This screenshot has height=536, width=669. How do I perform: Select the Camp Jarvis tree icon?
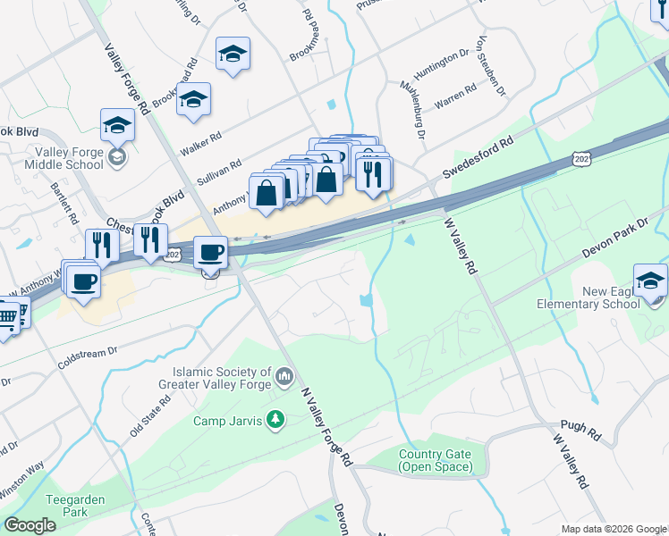[x=276, y=419]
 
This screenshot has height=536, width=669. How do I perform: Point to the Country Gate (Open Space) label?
[x=436, y=461]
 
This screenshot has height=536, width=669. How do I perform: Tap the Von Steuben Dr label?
[x=493, y=66]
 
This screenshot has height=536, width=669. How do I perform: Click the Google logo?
[x=30, y=525]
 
